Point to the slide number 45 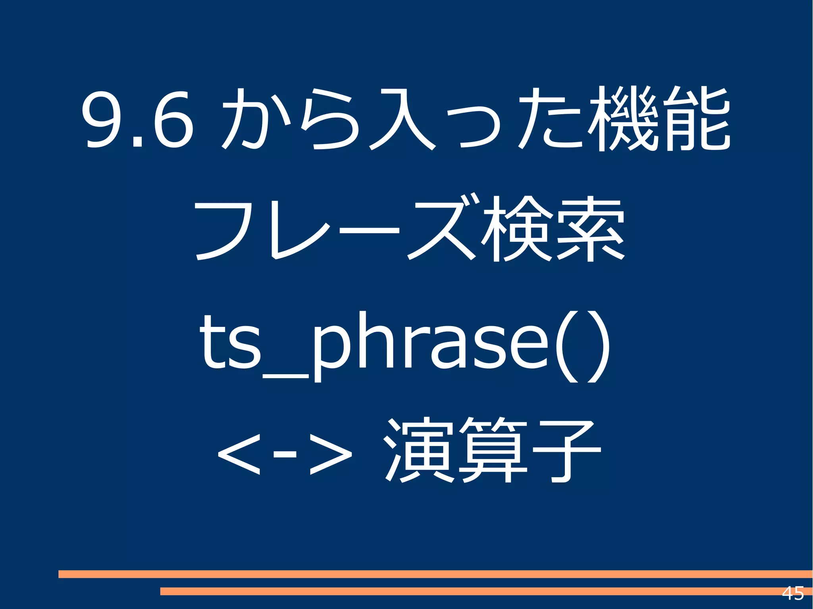click(792, 594)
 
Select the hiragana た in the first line click(550, 119)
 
